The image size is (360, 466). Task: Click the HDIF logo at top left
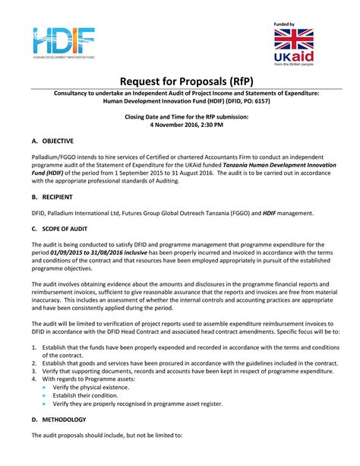pos(64,43)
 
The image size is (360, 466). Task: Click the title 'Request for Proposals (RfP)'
pos(180,81)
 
